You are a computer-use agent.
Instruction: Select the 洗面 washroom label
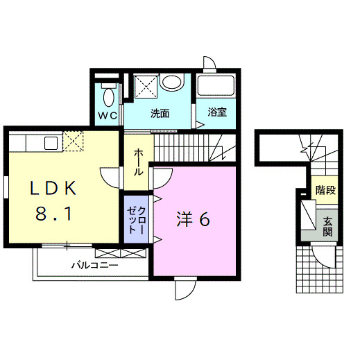pos(160,114)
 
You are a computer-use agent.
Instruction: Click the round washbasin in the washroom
pos(171,83)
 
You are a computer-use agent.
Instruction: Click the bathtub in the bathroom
pos(215,87)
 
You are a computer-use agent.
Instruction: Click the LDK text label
pos(57,188)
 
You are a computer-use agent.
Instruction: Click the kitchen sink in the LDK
pos(51,142)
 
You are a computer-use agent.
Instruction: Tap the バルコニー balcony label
pos(94,265)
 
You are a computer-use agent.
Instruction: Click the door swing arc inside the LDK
pos(111,179)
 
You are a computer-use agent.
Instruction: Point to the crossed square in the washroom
pos(145,88)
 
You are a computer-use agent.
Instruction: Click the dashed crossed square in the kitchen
pos(72,141)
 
